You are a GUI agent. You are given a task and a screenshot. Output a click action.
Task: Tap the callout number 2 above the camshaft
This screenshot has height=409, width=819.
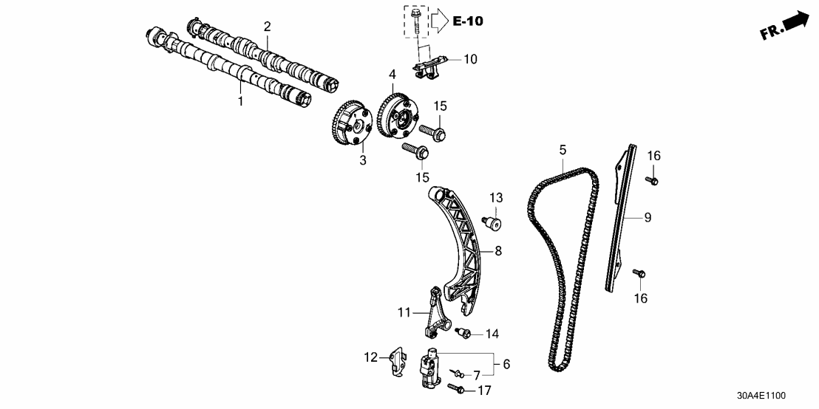pyautogui.click(x=268, y=27)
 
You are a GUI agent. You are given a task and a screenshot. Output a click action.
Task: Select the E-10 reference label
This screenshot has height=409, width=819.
pyautogui.click(x=467, y=21)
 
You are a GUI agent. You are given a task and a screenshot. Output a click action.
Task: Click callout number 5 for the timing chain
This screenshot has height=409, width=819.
pyautogui.click(x=563, y=151)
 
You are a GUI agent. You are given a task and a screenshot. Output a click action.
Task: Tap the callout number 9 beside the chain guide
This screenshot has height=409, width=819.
pyautogui.click(x=648, y=217)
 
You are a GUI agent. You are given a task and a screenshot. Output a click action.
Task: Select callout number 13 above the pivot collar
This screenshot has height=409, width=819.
pyautogui.click(x=495, y=198)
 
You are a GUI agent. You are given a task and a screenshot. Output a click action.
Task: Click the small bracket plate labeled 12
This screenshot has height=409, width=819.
pyautogui.click(x=397, y=362)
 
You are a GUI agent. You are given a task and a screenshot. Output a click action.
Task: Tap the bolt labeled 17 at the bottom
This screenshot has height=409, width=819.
pyautogui.click(x=458, y=388)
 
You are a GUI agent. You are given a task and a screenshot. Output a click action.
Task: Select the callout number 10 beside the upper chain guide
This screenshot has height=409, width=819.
pyautogui.click(x=471, y=59)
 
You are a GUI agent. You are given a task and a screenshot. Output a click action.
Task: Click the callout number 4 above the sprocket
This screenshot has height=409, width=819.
pyautogui.click(x=392, y=74)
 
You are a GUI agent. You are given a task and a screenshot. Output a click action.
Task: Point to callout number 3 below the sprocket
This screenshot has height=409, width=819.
pyautogui.click(x=363, y=160)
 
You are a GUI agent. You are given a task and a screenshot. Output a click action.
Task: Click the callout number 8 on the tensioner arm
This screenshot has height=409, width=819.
pyautogui.click(x=498, y=251)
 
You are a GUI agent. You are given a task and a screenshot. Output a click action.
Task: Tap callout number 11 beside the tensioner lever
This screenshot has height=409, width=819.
pyautogui.click(x=404, y=313)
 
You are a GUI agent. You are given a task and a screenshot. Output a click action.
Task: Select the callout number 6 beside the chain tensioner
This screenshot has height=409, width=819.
pyautogui.click(x=506, y=364)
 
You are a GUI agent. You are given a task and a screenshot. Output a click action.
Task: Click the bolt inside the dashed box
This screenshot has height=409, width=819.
pyautogui.click(x=416, y=18)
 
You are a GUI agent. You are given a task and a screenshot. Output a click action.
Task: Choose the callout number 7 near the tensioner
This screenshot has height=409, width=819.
pyautogui.click(x=477, y=375)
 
